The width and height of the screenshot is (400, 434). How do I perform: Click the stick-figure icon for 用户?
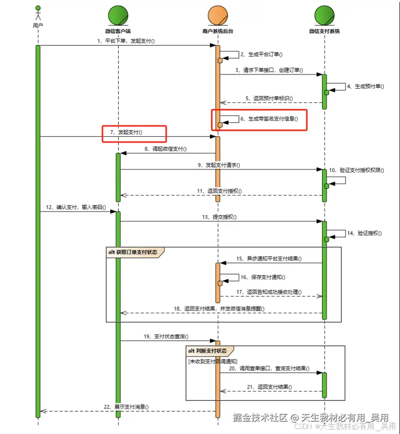[x=38, y=13]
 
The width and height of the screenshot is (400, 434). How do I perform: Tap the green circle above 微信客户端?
[x=118, y=16]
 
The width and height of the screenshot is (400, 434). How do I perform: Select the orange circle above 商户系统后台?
[x=218, y=16]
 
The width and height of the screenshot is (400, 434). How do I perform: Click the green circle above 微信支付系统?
[x=325, y=16]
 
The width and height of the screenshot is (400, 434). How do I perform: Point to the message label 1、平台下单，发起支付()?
[x=126, y=41]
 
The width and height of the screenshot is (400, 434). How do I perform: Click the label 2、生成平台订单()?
[x=261, y=54]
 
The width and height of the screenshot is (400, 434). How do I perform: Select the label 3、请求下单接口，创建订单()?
[x=269, y=71]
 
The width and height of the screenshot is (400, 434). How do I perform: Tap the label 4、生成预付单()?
[x=366, y=87]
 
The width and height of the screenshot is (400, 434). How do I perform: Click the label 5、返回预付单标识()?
[x=269, y=98]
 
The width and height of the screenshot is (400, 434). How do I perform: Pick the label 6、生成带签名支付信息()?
[x=269, y=119]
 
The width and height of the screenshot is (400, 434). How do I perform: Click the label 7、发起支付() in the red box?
[x=126, y=132]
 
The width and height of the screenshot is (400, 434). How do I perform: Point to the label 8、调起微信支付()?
[x=165, y=149]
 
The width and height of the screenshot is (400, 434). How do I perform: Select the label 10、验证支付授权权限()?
[x=356, y=170]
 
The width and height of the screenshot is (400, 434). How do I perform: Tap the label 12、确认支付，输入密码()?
[x=76, y=207]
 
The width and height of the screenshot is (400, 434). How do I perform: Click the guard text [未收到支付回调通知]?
[x=213, y=362]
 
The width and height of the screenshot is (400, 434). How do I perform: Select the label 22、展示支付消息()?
[x=126, y=407]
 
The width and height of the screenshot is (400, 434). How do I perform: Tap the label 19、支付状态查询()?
[x=166, y=337]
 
